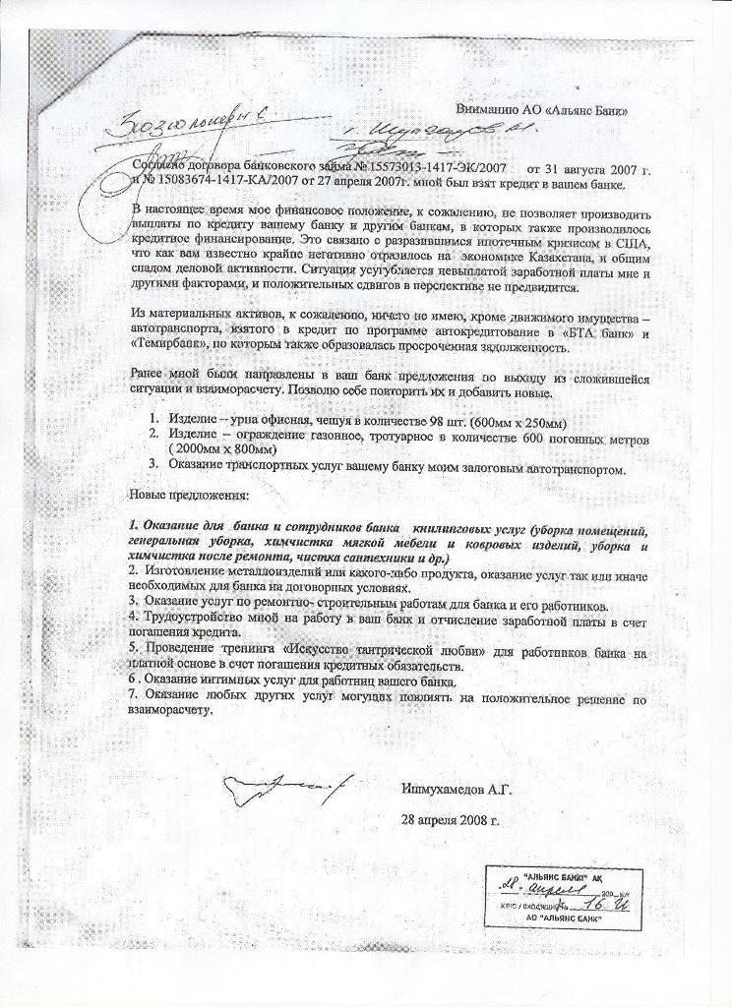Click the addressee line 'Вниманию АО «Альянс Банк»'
543,110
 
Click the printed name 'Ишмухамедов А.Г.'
457,789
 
